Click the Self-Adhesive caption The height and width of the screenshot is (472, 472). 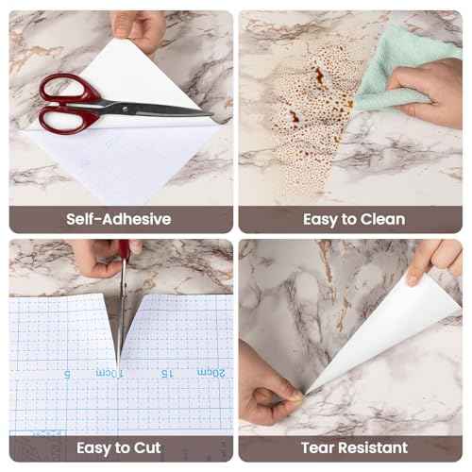119,219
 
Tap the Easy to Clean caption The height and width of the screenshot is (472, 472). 354,219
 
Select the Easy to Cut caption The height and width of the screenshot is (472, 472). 119,447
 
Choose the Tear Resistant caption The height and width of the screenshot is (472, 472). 354,447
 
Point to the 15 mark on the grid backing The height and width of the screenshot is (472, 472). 166,372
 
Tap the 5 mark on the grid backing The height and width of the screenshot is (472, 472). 67,373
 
